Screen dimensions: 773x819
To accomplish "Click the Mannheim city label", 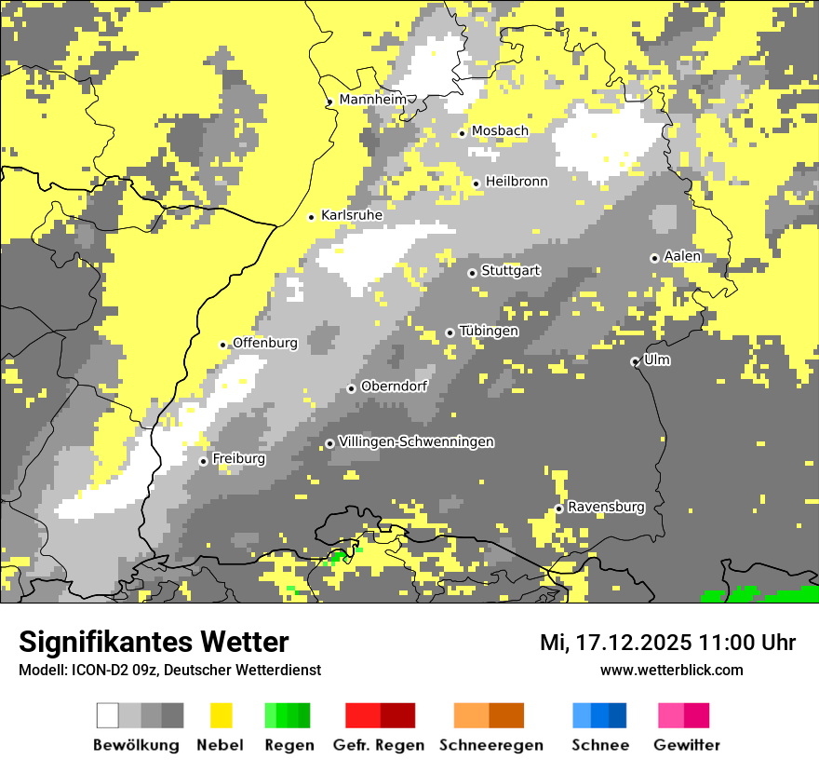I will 373,100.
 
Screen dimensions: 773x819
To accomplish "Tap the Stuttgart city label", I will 511,271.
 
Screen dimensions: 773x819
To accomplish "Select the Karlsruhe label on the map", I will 352,215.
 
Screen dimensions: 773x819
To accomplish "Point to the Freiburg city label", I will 239,459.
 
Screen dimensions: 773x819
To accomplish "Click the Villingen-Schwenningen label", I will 416,442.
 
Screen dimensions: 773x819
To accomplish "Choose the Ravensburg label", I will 606,508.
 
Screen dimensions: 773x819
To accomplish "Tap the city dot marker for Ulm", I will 635,361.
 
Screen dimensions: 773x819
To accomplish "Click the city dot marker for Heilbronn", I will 477,183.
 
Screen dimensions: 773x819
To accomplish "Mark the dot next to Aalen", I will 654,258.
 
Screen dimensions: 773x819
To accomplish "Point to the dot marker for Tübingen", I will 450,332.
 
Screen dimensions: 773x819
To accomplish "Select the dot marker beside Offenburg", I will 223,345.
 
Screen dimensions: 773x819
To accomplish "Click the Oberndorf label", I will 395,386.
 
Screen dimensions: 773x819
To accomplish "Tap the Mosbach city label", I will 500,131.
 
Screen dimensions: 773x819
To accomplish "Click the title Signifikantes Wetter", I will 154,642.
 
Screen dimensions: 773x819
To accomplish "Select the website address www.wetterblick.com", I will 671,670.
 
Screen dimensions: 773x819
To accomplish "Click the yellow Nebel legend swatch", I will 221,715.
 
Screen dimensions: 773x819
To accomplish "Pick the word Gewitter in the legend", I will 687,745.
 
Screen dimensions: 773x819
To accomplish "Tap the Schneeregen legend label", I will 491,745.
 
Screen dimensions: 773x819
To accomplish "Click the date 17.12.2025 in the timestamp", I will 630,642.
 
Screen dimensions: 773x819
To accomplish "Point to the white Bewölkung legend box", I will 108,715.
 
